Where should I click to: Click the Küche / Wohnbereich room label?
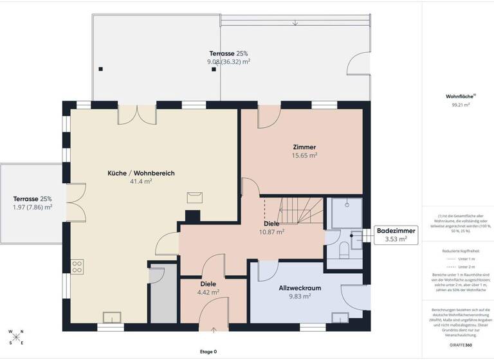coord(141,173)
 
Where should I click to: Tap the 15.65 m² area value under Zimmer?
coord(304,155)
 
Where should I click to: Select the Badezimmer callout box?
coord(396,235)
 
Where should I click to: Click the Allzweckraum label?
coord(300,288)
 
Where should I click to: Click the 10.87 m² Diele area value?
coord(271,232)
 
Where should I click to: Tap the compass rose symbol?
coord(16,337)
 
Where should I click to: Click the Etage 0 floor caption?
coord(208,352)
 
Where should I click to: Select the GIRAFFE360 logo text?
coord(459,345)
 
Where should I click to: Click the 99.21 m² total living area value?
coord(461,104)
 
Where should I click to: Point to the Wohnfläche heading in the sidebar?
coord(459,96)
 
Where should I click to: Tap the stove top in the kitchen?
coord(78,265)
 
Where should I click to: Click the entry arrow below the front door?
coord(214,330)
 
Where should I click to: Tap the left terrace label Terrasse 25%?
coord(32,199)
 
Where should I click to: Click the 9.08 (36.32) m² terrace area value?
coord(228,62)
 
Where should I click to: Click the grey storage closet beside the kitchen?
coord(157,292)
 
